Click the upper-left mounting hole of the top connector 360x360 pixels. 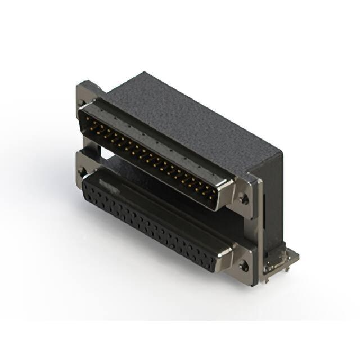(83, 103)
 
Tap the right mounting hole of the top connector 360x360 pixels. (244, 199)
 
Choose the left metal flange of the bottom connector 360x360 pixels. (84, 166)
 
